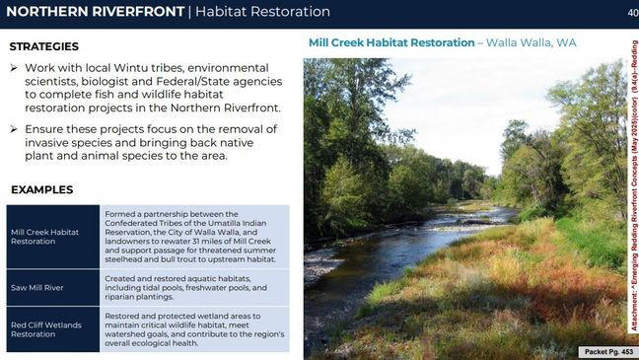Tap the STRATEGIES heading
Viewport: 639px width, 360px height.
click(x=43, y=46)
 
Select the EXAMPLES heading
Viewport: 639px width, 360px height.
click(x=41, y=189)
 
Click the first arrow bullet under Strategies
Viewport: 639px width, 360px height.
click(x=15, y=67)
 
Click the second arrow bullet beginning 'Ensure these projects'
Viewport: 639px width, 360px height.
click(x=15, y=129)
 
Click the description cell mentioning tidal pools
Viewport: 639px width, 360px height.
click(x=193, y=287)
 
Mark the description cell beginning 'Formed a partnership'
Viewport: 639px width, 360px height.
click(x=193, y=236)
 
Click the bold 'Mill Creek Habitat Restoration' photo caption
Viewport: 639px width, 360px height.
click(x=391, y=42)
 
